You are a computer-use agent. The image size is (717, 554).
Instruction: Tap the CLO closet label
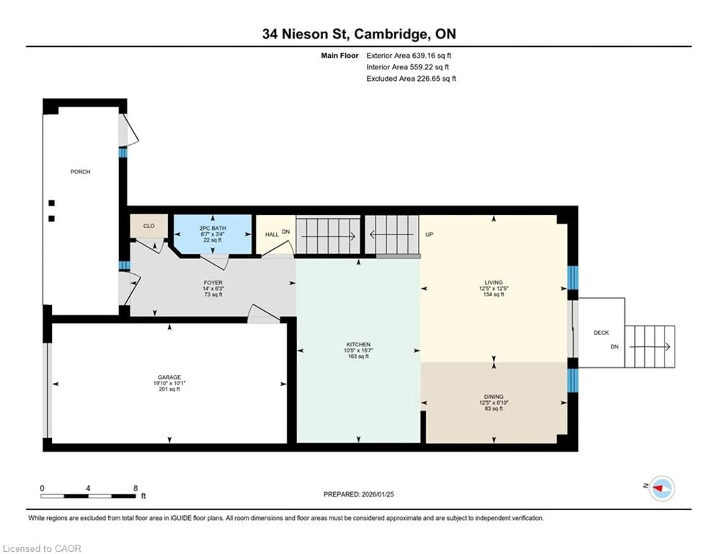click(x=149, y=226)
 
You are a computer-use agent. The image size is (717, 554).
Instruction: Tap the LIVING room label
click(x=493, y=282)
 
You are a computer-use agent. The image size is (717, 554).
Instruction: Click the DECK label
click(x=601, y=333)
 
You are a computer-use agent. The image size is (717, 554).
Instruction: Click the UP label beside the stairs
click(x=429, y=234)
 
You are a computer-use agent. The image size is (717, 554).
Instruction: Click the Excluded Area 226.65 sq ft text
click(x=411, y=79)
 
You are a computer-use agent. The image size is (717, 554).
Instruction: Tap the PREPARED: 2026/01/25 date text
click(x=358, y=494)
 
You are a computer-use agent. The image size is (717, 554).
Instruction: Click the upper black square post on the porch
click(x=52, y=203)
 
